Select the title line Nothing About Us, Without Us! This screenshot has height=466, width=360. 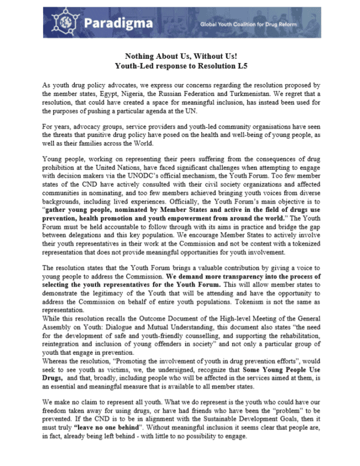[179, 55]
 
